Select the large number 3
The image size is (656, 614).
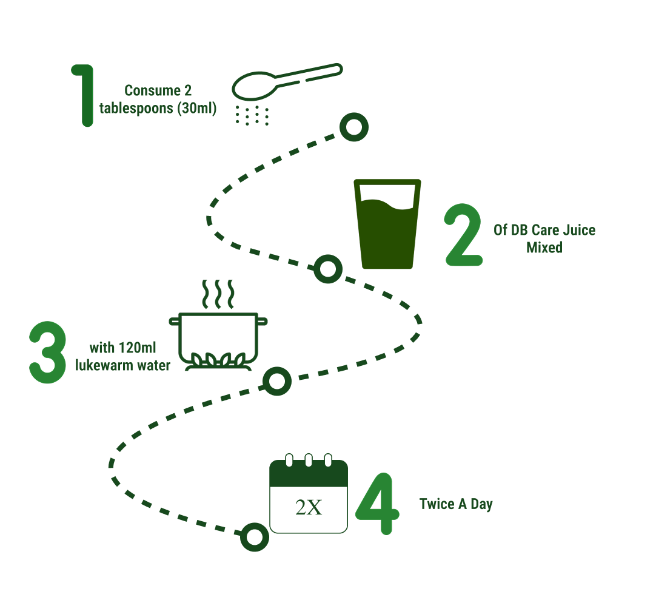point(47,353)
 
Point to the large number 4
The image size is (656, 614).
point(377,504)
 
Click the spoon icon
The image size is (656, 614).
point(285,82)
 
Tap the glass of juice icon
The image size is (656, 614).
point(387,224)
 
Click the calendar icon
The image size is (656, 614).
point(309,494)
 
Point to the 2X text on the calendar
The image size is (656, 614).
point(309,507)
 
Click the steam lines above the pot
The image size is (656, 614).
point(217,294)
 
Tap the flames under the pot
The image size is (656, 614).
point(218,360)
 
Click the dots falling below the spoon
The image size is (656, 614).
point(252,115)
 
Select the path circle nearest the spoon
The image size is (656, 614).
point(353,127)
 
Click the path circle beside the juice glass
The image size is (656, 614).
point(328,269)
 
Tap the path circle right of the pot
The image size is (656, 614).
point(277,382)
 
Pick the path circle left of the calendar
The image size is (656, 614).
point(254,537)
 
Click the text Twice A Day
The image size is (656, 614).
point(456,504)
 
